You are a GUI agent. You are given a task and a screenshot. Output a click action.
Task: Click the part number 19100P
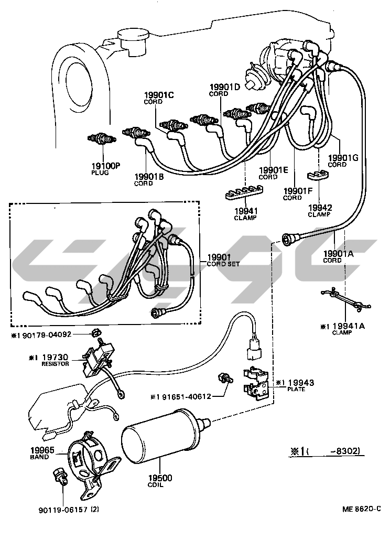[x=106, y=166]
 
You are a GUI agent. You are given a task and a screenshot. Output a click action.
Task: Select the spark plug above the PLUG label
[x=102, y=139]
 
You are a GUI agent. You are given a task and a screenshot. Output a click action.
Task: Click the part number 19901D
[x=224, y=87]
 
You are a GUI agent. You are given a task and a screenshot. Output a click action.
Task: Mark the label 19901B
[x=149, y=177]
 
